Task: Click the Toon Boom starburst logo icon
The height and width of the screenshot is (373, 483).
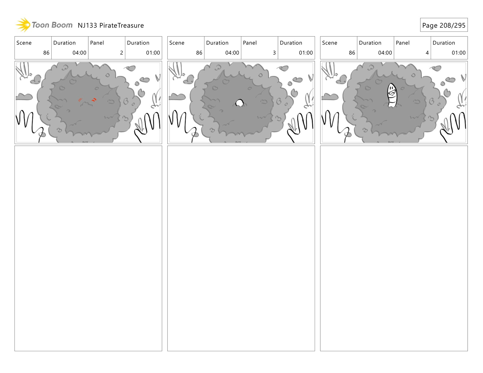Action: pyautogui.click(x=23, y=25)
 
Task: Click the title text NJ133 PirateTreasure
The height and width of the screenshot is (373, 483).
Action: pyautogui.click(x=111, y=25)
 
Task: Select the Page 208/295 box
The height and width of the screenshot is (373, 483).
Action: pyautogui.click(x=444, y=25)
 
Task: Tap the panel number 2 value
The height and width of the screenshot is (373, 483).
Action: pyautogui.click(x=122, y=53)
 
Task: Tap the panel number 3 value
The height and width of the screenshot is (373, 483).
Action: pyautogui.click(x=274, y=53)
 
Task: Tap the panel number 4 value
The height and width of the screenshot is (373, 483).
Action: pyautogui.click(x=427, y=53)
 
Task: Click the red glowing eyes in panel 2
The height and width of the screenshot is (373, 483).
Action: pyautogui.click(x=87, y=100)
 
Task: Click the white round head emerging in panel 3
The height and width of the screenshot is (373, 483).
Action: pyautogui.click(x=239, y=103)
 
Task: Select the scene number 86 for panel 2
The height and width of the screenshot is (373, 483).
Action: pyautogui.click(x=46, y=53)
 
